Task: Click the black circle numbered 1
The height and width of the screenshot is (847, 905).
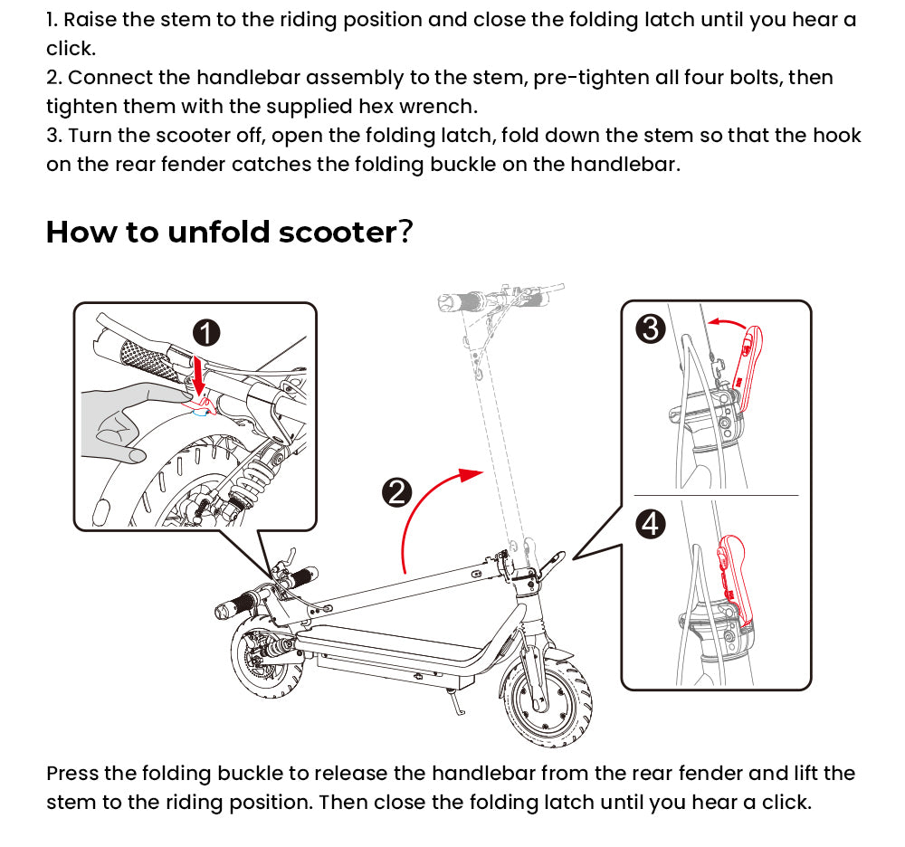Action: [207, 333]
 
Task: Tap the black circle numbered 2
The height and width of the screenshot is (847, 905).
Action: [397, 492]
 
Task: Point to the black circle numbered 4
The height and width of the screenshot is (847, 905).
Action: [651, 523]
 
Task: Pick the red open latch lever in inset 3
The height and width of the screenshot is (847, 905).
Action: [750, 371]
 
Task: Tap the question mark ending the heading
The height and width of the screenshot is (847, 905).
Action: [406, 233]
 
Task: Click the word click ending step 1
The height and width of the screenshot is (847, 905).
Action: [70, 48]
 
